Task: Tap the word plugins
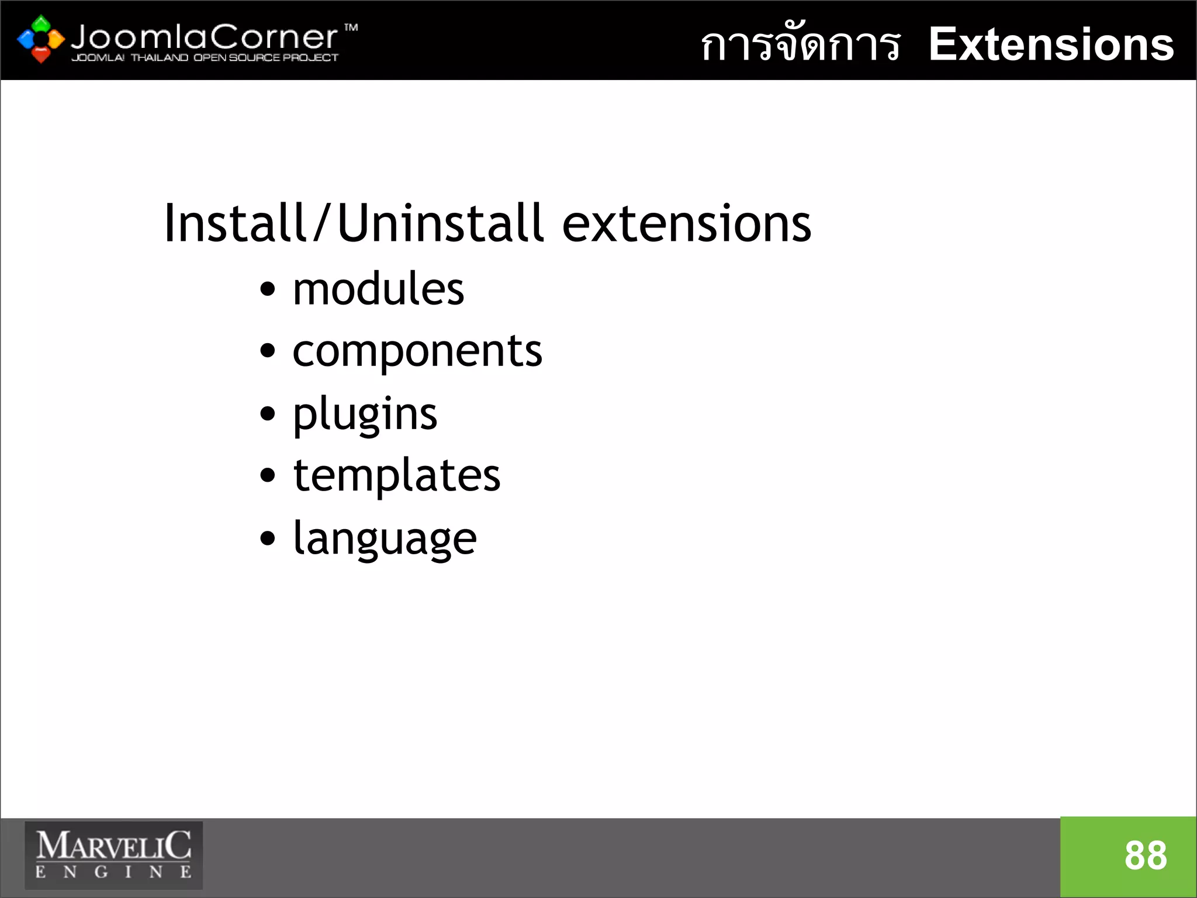[x=365, y=414]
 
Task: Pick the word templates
[x=397, y=475]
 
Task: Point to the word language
[x=385, y=538]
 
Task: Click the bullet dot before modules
[x=267, y=289]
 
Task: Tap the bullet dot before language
[x=267, y=538]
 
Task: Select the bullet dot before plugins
[x=267, y=414]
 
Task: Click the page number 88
[x=1146, y=856]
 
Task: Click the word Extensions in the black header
[x=1051, y=44]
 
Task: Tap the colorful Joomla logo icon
[x=40, y=39]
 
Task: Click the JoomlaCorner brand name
[x=204, y=37]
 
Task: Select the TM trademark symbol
[x=351, y=27]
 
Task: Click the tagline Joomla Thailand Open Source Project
[x=205, y=57]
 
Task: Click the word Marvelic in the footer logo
[x=114, y=845]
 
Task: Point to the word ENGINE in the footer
[x=114, y=872]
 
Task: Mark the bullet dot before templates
[x=267, y=475]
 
